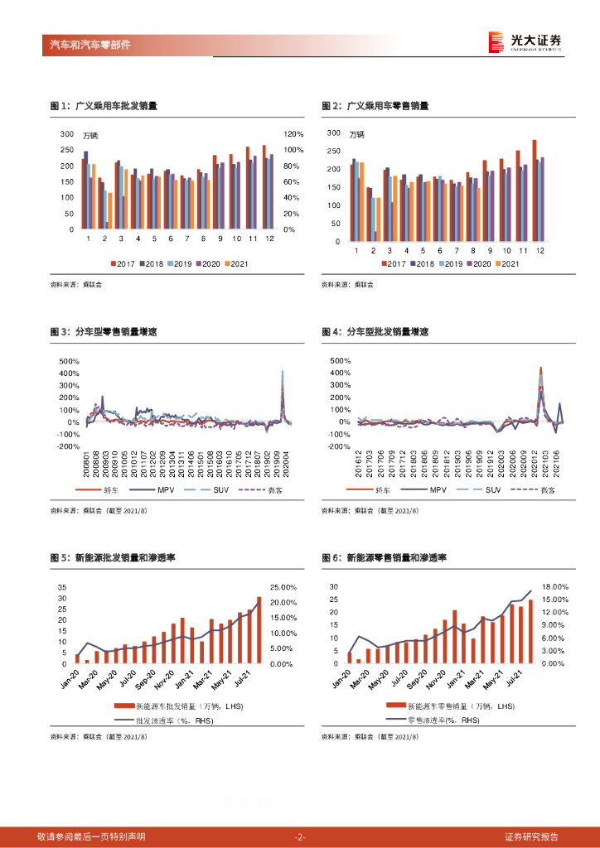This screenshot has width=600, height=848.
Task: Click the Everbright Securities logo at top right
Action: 525,41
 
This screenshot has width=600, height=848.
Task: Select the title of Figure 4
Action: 375,332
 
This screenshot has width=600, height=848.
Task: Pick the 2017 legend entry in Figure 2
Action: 392,264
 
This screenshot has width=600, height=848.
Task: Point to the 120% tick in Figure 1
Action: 294,134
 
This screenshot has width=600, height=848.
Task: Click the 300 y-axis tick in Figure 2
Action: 334,132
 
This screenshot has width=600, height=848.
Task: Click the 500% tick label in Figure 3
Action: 70,361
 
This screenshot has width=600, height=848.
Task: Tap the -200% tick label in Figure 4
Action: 341,446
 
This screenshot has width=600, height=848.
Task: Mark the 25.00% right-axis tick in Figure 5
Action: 283,587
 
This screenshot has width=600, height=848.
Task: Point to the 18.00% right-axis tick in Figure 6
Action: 554,586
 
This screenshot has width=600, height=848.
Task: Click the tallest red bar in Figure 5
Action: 259,629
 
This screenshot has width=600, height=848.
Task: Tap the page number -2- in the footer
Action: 300,837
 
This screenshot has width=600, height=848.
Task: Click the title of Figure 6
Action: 384,558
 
